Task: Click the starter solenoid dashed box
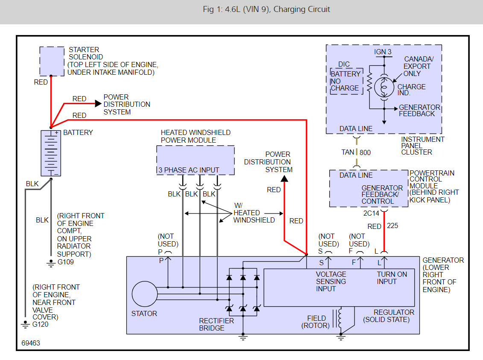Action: click(52, 61)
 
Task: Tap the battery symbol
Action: click(51, 153)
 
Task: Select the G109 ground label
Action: click(66, 262)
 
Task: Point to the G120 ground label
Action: click(40, 324)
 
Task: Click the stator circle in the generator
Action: click(145, 294)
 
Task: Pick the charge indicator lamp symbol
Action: click(384, 87)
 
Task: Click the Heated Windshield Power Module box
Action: click(196, 160)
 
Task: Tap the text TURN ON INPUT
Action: click(392, 278)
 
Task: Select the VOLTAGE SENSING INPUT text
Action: click(331, 281)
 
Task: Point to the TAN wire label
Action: click(348, 152)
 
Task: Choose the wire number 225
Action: click(392, 225)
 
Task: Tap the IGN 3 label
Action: click(383, 52)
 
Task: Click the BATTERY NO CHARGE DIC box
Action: click(345, 81)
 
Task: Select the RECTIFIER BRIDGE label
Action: click(217, 325)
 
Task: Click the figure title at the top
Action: click(266, 9)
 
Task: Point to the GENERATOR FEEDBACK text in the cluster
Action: click(419, 111)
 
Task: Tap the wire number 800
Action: click(365, 152)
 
